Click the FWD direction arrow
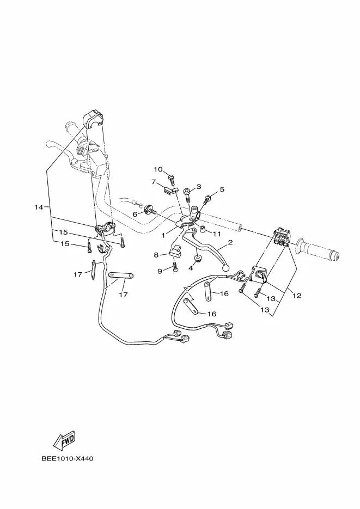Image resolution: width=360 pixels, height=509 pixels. [x=65, y=440]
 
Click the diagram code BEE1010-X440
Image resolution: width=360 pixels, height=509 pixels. [x=68, y=459]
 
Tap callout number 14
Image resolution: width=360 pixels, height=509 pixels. [x=39, y=207]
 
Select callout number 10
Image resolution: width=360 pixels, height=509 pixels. [x=158, y=169]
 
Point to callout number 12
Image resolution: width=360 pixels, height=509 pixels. [x=297, y=296]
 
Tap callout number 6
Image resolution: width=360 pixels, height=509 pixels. [x=135, y=214]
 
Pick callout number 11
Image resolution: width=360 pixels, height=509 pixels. [x=217, y=234]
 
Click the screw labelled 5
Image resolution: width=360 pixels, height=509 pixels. [x=206, y=198]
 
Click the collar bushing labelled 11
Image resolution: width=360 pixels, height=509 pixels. [x=202, y=230]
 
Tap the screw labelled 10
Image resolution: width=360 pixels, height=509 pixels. [x=172, y=180]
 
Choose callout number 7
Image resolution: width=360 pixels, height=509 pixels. [x=154, y=182]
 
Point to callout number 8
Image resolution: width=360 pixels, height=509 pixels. [x=156, y=255]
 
